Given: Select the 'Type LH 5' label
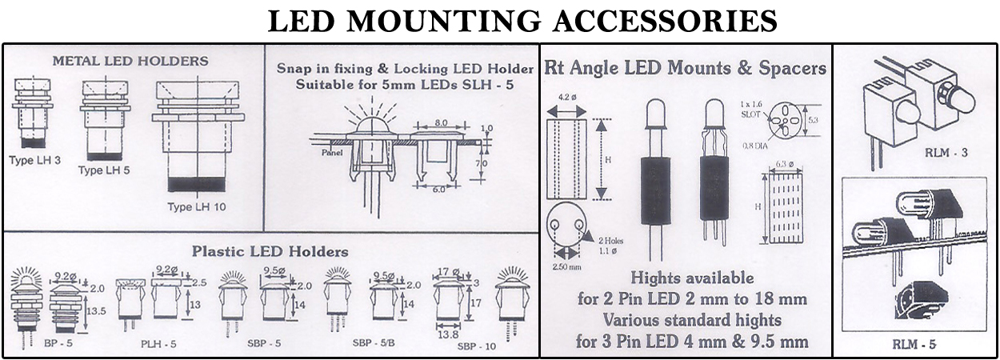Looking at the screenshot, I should click(102, 170).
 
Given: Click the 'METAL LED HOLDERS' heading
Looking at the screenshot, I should click(130, 61).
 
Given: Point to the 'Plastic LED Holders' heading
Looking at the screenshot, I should click(270, 251).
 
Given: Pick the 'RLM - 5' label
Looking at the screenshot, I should click(914, 345).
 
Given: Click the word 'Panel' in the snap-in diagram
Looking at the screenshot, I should click(331, 152).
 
